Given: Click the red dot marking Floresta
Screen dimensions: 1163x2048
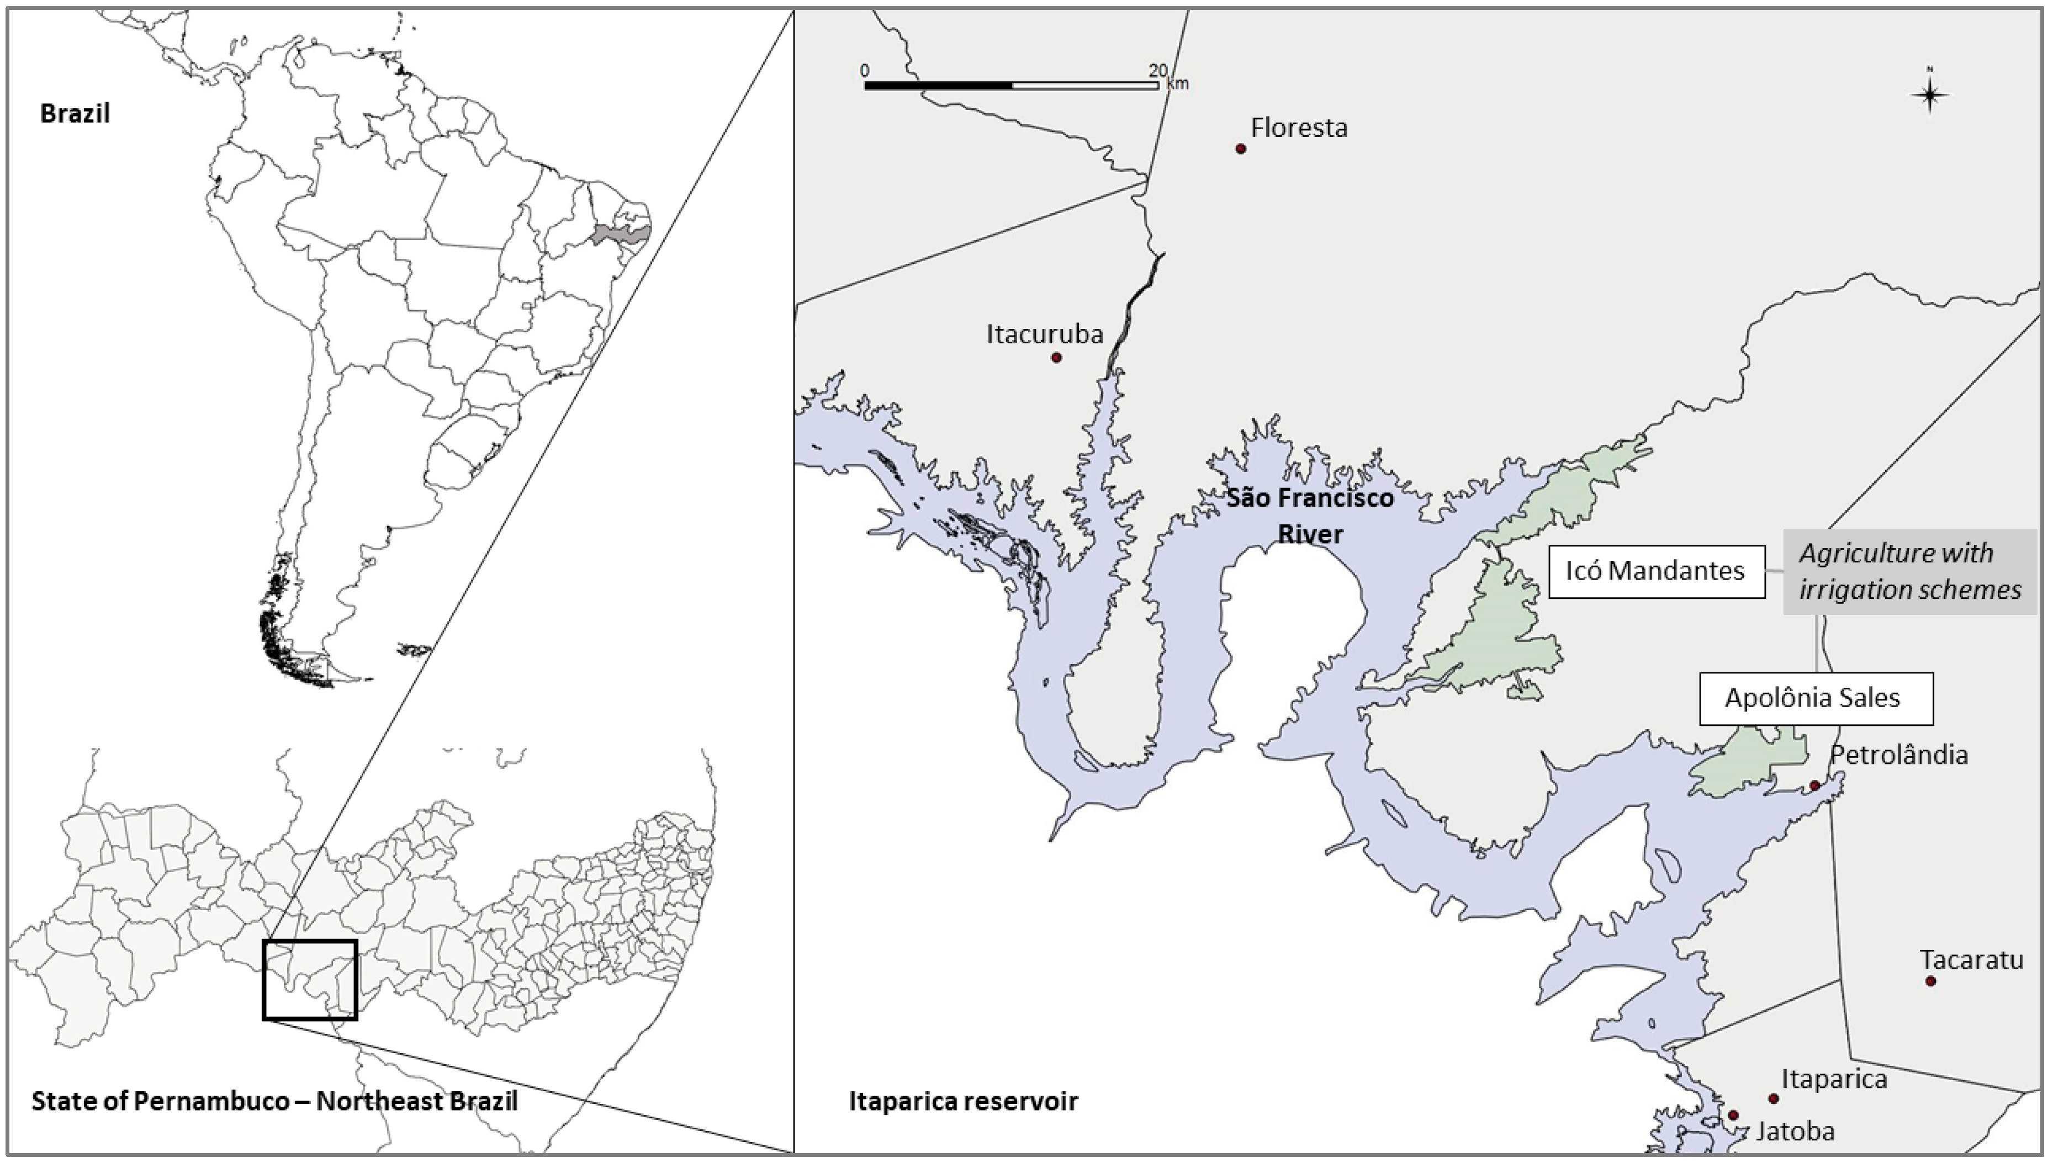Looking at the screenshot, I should tap(1240, 148).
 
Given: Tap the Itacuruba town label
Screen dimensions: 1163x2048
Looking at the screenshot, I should tap(1044, 334).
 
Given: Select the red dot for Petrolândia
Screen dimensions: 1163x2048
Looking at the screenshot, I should tap(1814, 785).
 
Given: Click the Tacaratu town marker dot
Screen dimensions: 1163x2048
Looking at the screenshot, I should tap(1930, 981).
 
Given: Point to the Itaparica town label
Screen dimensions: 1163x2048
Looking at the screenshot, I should tap(1834, 1079).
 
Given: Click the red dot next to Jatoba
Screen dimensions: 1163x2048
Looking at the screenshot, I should tap(1733, 1115).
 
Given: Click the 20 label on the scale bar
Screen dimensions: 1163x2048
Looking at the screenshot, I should tap(1158, 70).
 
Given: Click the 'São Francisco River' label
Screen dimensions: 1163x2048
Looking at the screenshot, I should tap(1310, 515).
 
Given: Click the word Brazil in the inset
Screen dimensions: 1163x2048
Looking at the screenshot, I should tap(75, 113).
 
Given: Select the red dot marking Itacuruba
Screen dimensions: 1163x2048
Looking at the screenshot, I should tap(1056, 357).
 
